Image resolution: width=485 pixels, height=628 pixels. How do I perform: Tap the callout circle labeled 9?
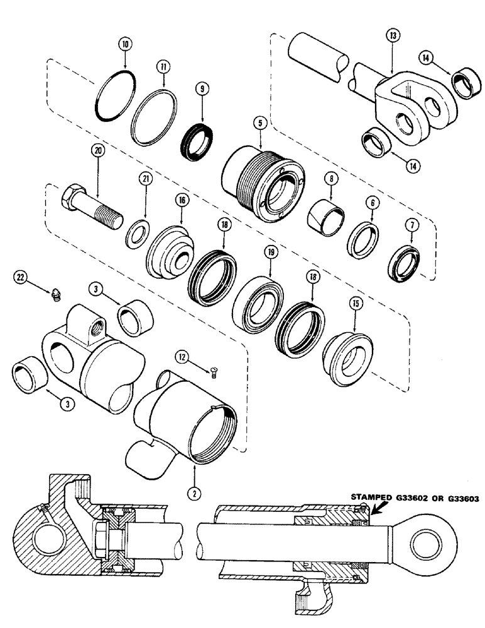[x=203, y=89]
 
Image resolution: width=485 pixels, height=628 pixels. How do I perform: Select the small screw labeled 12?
[x=214, y=375]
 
